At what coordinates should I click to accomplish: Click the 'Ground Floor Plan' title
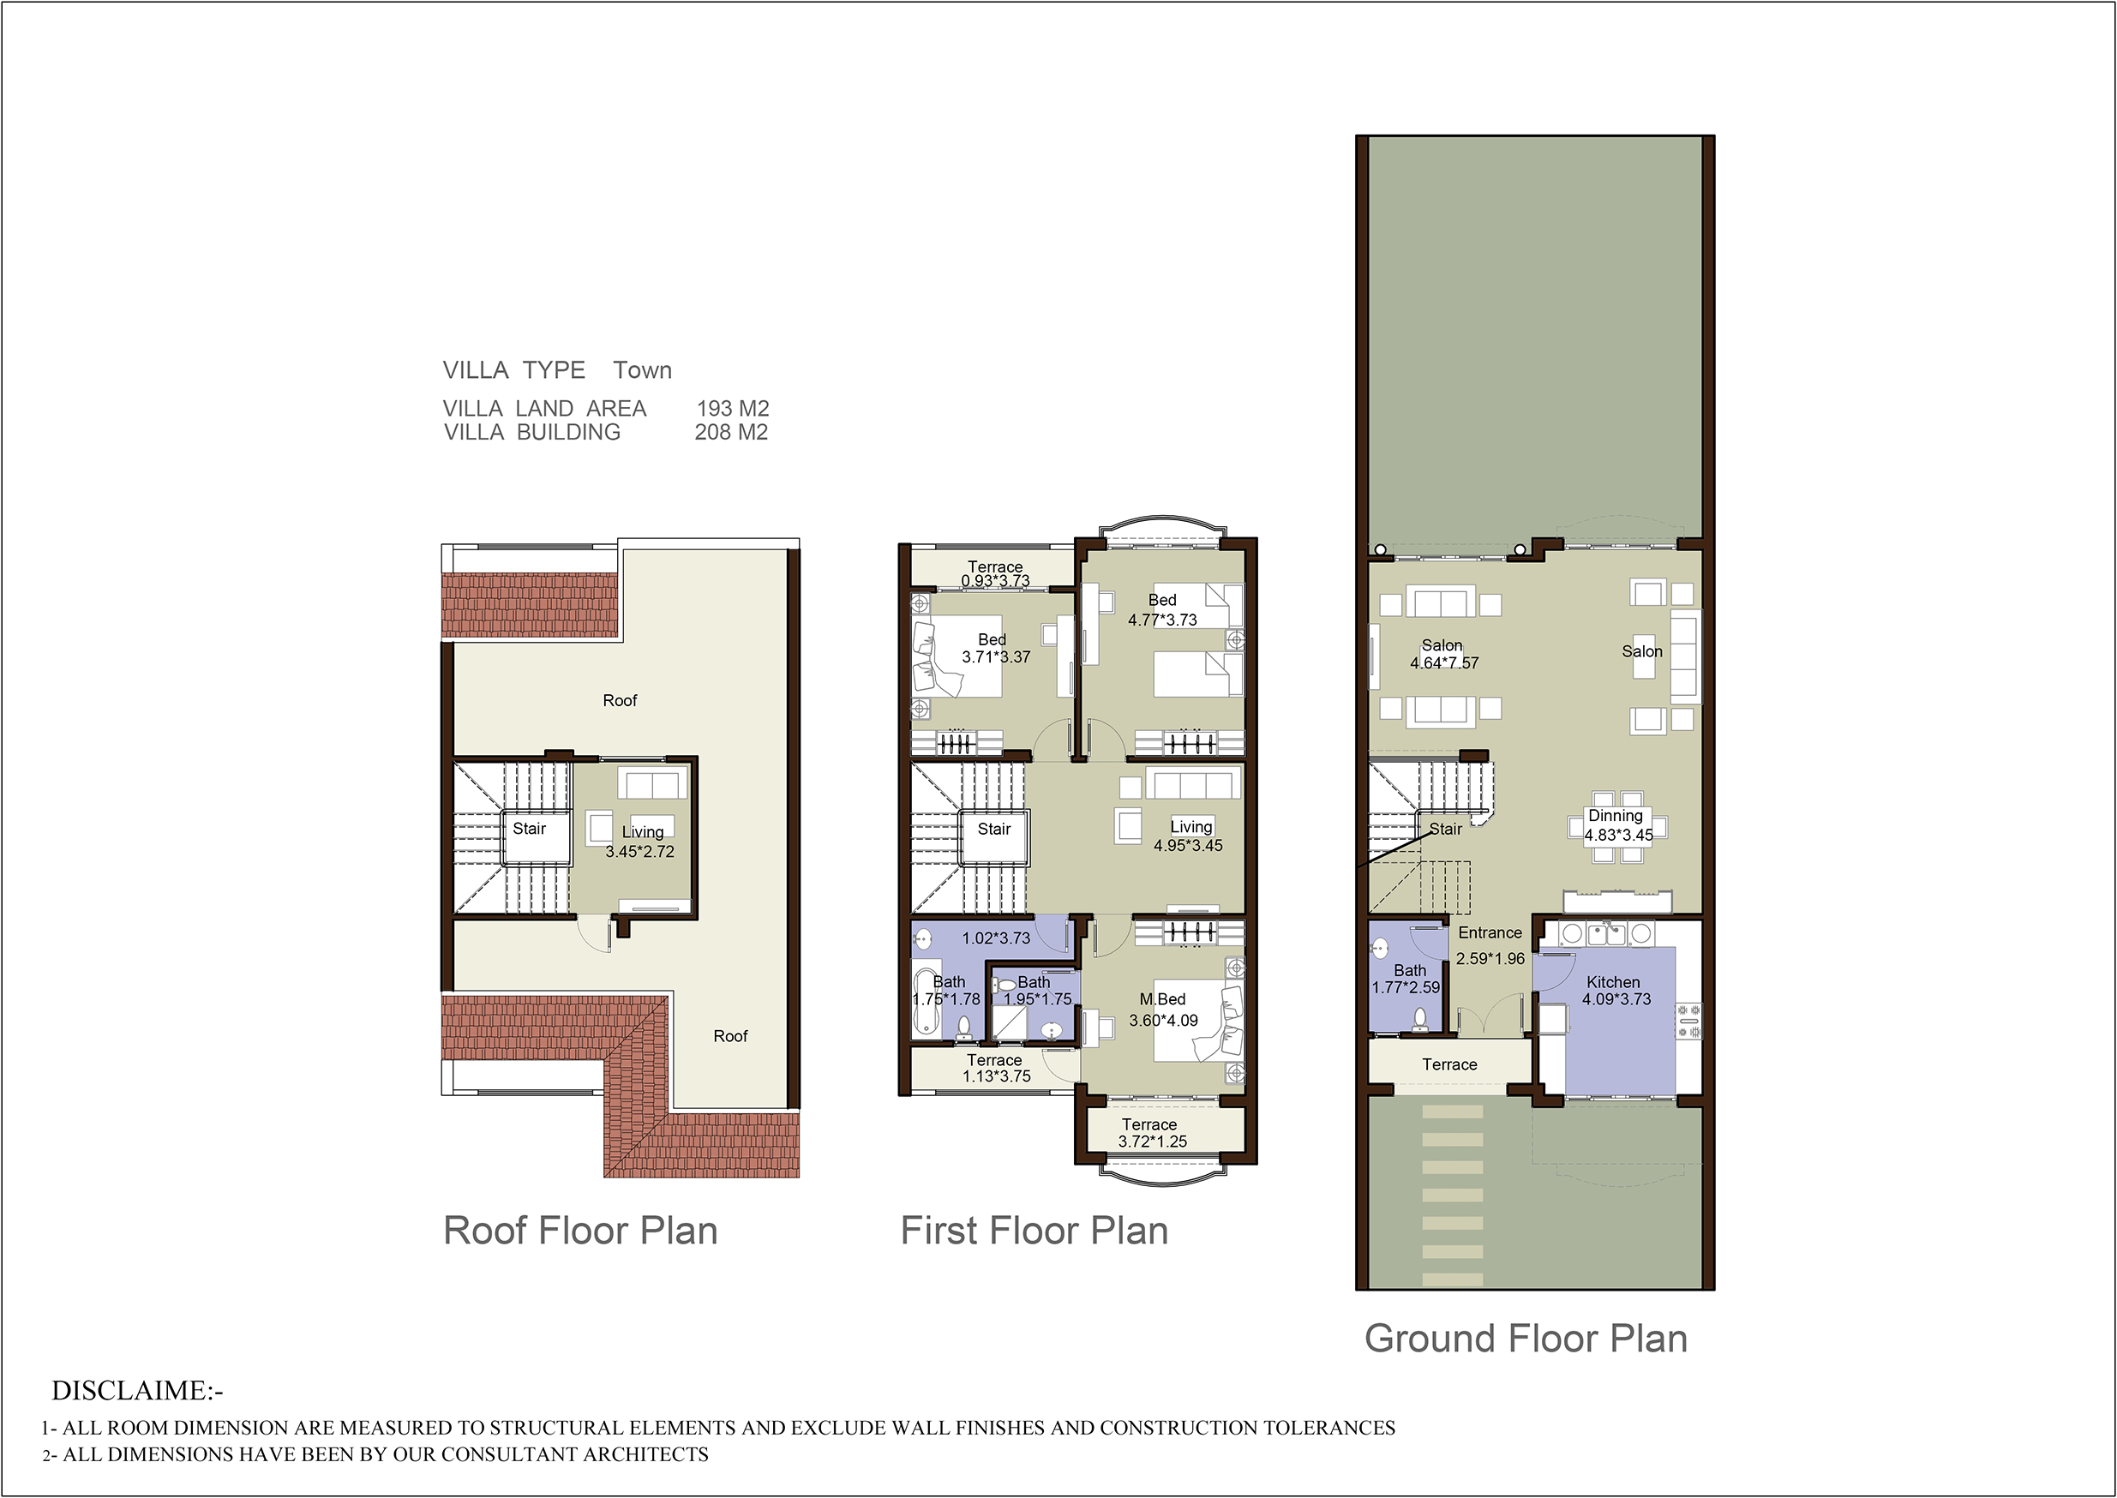(1525, 1339)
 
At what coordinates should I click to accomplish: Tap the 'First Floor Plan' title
(1034, 1231)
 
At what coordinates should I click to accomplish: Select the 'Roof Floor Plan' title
(580, 1231)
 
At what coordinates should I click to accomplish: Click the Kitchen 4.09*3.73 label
(1616, 991)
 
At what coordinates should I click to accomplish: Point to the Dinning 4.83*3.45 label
(1617, 825)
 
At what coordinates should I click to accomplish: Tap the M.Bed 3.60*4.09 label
(1163, 1010)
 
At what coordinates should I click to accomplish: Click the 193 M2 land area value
(733, 408)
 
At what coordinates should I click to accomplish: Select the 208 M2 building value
(730, 432)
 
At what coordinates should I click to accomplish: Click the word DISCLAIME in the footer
(132, 1390)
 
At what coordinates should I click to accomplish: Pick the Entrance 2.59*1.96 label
(1490, 945)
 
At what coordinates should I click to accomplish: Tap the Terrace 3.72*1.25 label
(1151, 1133)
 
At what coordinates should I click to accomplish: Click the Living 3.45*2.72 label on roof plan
(640, 842)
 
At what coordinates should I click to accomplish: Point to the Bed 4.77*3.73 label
(1162, 609)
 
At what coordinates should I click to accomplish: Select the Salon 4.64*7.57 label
(1443, 654)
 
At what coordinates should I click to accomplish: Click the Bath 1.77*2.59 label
(1406, 979)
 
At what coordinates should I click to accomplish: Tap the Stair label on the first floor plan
(993, 829)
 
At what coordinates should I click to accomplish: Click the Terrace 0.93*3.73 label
(994, 573)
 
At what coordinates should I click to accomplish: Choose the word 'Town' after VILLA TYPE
(642, 370)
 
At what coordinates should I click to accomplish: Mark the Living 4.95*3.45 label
(1189, 836)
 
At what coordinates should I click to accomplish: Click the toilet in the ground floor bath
(1420, 1019)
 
